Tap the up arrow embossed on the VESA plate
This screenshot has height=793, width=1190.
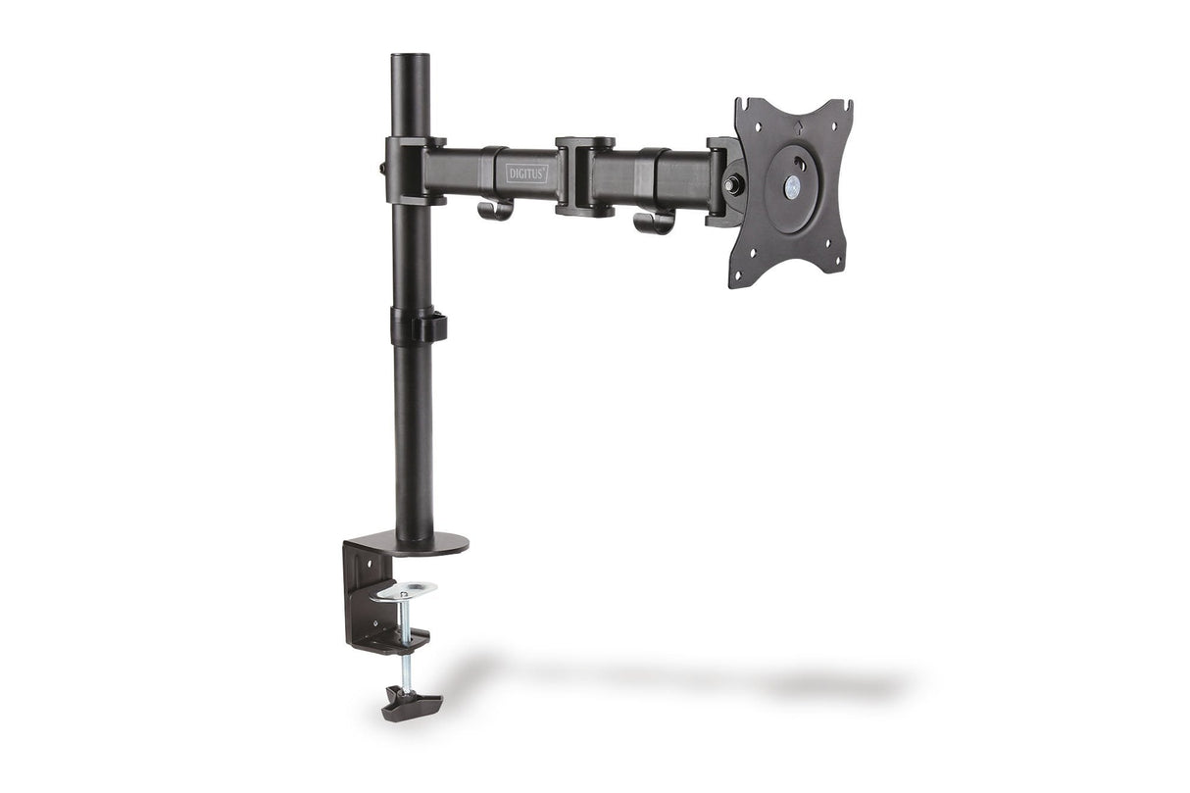(x=798, y=124)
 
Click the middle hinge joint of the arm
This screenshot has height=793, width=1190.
(x=585, y=175)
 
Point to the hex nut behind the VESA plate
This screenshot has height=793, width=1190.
(x=731, y=183)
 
